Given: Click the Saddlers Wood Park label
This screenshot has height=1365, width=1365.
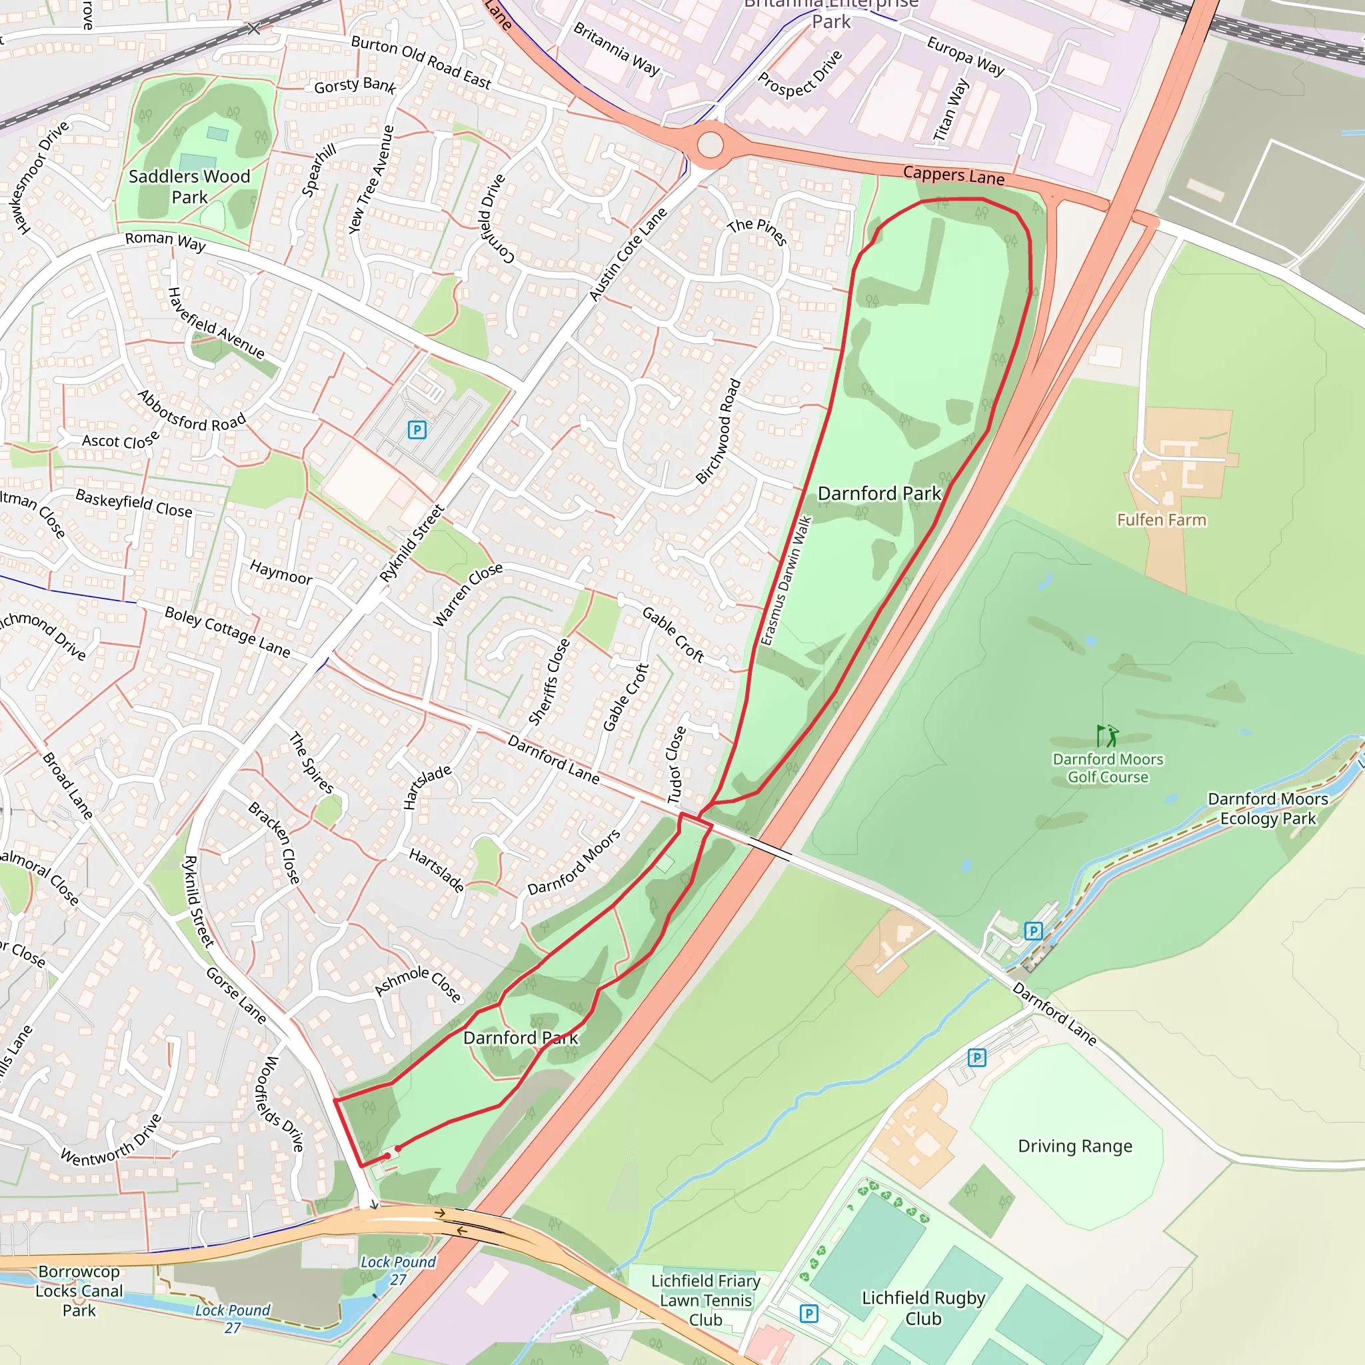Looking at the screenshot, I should [x=189, y=187].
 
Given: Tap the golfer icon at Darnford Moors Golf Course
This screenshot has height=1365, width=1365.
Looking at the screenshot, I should [x=1107, y=736].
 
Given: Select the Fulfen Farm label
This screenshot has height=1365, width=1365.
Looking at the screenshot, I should [x=1161, y=520].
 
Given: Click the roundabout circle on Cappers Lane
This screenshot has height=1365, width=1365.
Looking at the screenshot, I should [x=710, y=145].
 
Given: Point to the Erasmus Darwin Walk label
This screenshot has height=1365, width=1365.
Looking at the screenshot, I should [x=786, y=581].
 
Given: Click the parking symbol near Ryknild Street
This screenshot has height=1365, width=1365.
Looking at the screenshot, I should [x=417, y=430].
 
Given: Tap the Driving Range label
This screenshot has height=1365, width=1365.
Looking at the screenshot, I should [x=1074, y=1146].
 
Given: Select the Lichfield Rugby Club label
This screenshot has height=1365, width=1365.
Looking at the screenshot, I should [x=922, y=1308].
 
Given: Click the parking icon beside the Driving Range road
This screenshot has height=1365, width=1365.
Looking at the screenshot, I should [x=976, y=1058].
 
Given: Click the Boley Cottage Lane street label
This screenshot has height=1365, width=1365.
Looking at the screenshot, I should [x=227, y=631].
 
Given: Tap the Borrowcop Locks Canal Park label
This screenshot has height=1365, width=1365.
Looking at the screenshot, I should [x=79, y=1291].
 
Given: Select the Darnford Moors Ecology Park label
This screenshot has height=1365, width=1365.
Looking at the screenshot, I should [x=1268, y=808].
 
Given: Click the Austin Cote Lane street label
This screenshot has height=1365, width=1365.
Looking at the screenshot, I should [x=627, y=255].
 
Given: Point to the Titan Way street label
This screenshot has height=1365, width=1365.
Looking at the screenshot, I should [x=950, y=110].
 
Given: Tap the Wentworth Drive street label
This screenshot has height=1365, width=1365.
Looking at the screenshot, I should [x=111, y=1140].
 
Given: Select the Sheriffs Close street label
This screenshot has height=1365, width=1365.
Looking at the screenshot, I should [x=549, y=682].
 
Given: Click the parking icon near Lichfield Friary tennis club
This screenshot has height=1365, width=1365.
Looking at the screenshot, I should [x=808, y=1314].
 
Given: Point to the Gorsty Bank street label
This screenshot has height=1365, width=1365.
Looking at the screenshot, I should [x=355, y=85].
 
